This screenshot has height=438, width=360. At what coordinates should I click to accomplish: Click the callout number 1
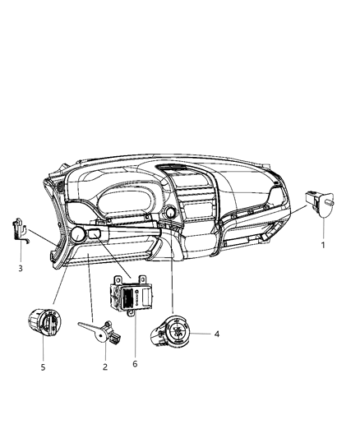[323, 245]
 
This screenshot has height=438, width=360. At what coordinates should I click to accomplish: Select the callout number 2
[106, 367]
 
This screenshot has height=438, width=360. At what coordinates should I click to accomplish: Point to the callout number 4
[217, 334]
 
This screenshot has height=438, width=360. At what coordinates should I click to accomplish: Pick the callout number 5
[43, 367]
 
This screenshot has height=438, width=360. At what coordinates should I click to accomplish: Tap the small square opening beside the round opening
[95, 237]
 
